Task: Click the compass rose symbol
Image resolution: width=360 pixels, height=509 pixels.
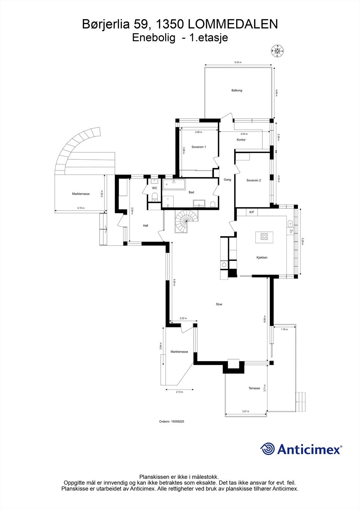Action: click(278, 51)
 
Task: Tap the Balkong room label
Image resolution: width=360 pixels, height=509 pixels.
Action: click(237, 90)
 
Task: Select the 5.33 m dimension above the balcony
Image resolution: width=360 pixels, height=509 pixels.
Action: click(238, 62)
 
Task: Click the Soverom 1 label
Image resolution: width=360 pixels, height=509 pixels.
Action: click(199, 147)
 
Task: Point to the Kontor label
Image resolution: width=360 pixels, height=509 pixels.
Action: click(241, 140)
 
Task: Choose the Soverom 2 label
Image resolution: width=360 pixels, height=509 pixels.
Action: click(253, 180)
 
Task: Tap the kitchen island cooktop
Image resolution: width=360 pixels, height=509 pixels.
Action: click(264, 236)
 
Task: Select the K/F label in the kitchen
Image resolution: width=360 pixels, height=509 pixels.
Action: click(252, 212)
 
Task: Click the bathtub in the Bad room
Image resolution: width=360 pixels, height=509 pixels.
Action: click(174, 185)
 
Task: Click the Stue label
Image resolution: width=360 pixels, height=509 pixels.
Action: click(219, 304)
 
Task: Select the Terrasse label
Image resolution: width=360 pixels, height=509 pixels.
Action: click(254, 388)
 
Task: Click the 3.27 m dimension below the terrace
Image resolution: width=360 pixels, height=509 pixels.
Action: click(245, 411)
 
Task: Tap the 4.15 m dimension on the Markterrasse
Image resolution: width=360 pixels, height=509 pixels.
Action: click(81, 208)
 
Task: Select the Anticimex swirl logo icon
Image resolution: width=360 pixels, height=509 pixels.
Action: click(268, 449)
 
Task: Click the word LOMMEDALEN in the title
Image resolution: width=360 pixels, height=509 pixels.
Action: click(233, 24)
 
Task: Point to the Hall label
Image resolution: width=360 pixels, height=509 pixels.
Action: click(145, 226)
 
